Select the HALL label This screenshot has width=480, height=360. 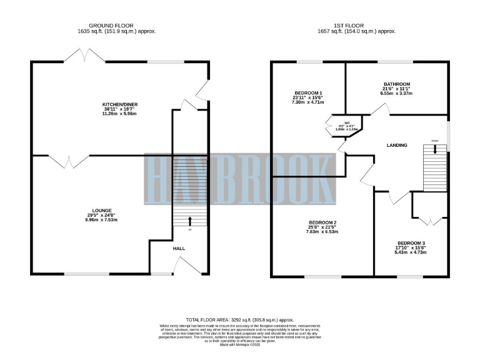(179, 248)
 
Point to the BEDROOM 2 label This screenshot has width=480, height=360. (322, 222)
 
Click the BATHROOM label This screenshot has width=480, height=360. (397, 84)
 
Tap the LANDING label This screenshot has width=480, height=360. (397, 145)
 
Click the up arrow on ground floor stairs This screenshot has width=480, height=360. (190, 221)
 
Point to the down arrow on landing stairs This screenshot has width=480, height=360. (435, 149)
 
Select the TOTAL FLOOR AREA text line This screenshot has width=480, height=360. (240, 319)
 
